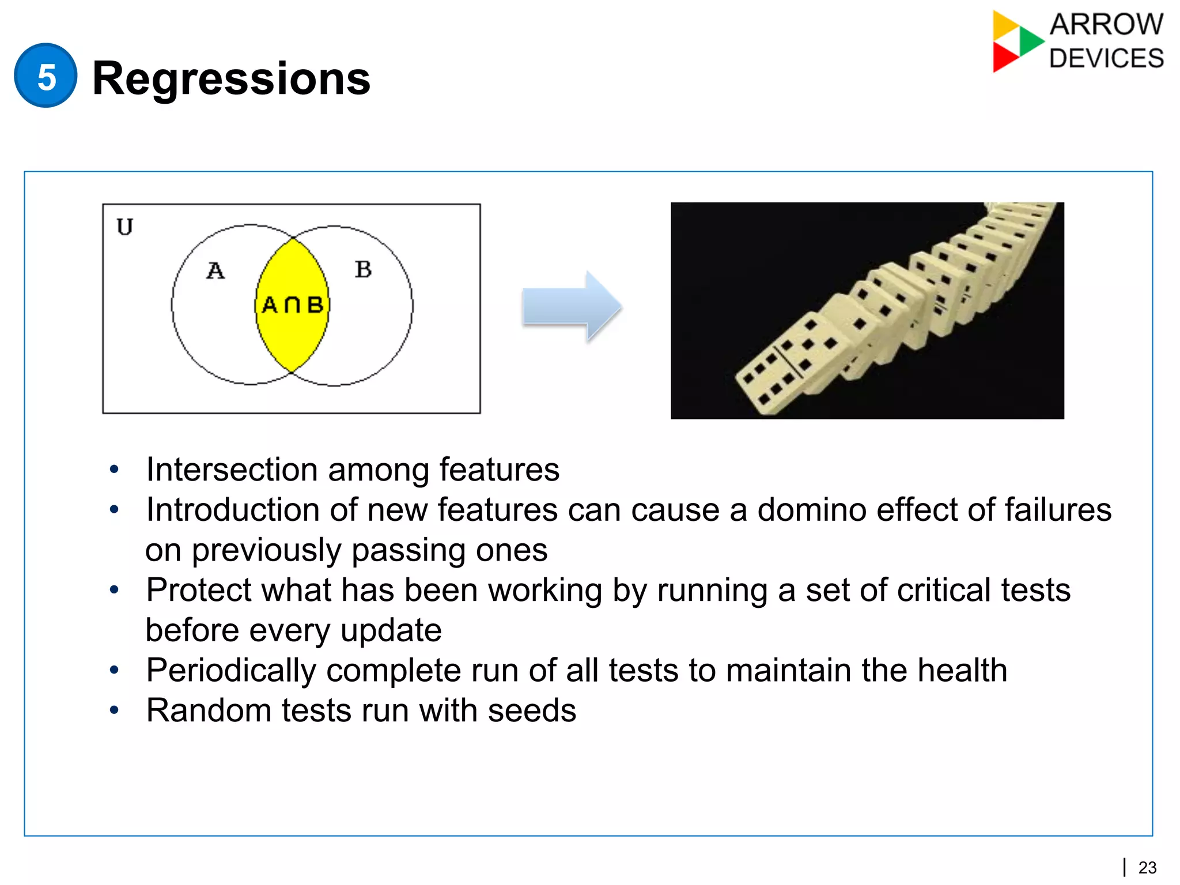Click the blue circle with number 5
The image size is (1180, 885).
pos(46,75)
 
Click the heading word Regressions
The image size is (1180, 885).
pos(231,78)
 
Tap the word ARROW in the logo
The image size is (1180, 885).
pos(1106,25)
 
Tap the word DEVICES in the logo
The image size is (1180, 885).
pos(1106,59)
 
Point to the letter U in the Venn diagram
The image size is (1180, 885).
pos(124,226)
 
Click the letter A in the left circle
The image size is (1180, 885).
pos(215,270)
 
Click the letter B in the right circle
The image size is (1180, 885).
pos(363,269)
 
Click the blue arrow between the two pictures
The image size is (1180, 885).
pos(571,307)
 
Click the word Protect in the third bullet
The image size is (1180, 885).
pos(198,590)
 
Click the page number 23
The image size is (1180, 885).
pos(1147,867)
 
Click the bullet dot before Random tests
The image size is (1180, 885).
pos(114,710)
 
